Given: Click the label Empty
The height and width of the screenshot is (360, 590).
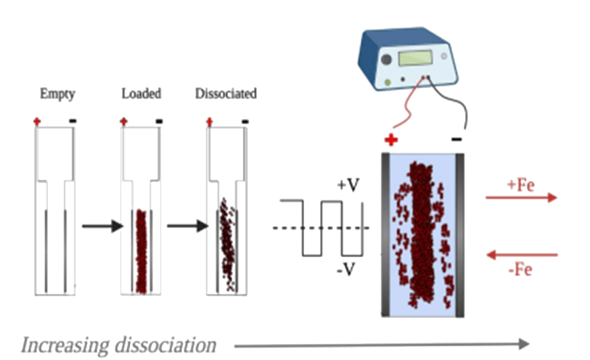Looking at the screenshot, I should click(x=58, y=94).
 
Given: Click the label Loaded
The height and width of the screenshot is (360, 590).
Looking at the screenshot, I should click(x=141, y=94).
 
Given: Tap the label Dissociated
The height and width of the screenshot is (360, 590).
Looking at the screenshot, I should click(x=226, y=94).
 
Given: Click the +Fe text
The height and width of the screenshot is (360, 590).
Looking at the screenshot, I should click(x=520, y=184).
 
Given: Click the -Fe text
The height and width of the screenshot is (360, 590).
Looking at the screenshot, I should click(x=520, y=269).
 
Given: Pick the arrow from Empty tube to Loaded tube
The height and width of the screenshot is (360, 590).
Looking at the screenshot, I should click(x=98, y=227).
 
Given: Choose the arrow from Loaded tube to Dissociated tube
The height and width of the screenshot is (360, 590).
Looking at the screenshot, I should click(x=184, y=227).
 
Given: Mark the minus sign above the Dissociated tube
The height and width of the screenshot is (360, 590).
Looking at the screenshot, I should click(x=245, y=120).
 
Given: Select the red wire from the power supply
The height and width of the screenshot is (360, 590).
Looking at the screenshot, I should click(x=403, y=109).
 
